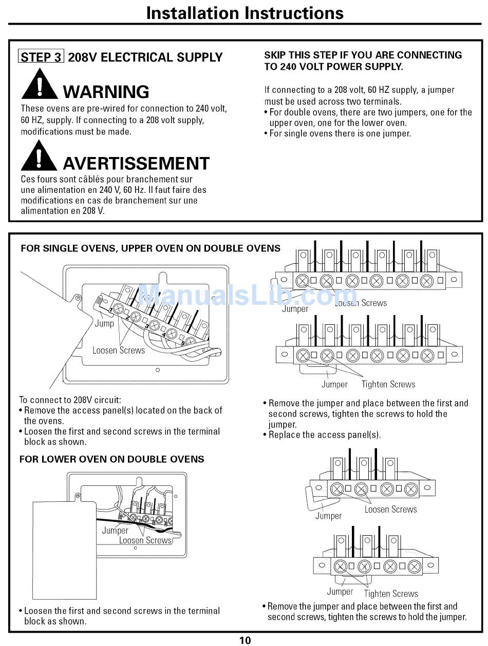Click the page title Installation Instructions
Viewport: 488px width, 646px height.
[x=245, y=13]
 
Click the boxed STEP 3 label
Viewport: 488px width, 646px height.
[x=41, y=57]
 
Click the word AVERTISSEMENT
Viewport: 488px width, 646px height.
[x=136, y=164]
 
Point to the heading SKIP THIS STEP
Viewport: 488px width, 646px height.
[x=363, y=61]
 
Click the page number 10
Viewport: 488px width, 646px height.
[x=245, y=640]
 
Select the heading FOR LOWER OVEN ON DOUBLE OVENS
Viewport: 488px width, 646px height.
[x=111, y=459]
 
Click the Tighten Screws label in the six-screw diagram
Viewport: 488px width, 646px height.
[x=388, y=384]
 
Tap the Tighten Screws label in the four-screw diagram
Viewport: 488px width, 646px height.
[x=391, y=594]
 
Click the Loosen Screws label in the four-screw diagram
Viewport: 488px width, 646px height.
[x=390, y=509]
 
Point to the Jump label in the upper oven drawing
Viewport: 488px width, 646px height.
[x=104, y=323]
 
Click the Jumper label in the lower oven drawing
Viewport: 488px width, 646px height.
[x=115, y=531]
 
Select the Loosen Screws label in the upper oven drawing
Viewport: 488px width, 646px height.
[x=119, y=350]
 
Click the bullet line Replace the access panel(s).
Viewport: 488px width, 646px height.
[x=325, y=435]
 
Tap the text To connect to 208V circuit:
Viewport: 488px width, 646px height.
[x=70, y=400]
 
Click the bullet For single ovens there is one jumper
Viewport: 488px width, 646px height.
[x=340, y=133]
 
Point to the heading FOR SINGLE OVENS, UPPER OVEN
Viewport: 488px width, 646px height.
[x=150, y=248]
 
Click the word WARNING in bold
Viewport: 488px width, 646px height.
[x=106, y=92]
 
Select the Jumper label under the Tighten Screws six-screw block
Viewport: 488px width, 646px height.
[x=334, y=384]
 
